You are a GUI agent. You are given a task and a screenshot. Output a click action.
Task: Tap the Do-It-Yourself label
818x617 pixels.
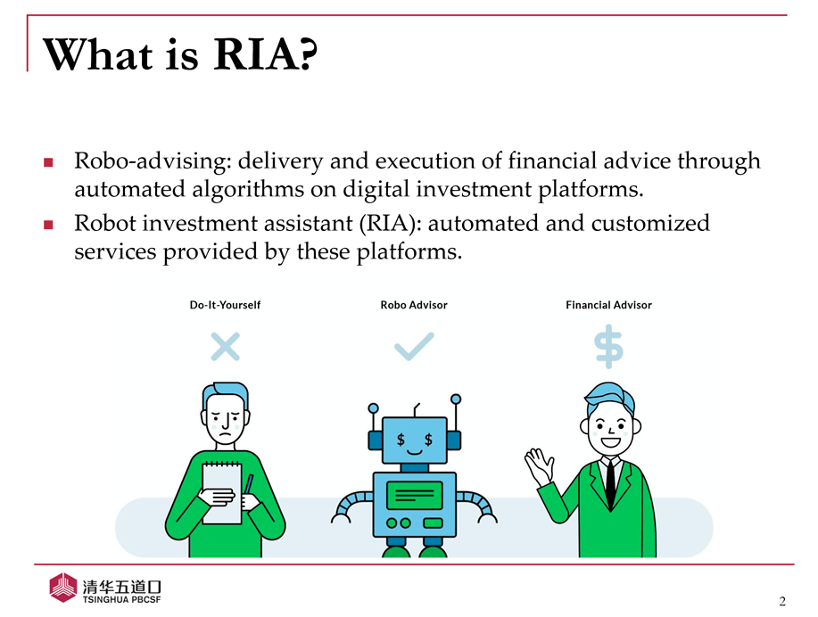(x=225, y=305)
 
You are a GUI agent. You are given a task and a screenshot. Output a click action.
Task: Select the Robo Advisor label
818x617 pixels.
(x=414, y=305)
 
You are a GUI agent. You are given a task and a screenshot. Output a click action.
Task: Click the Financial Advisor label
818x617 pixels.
(x=608, y=305)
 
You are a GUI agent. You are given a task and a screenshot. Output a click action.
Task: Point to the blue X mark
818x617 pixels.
(x=226, y=347)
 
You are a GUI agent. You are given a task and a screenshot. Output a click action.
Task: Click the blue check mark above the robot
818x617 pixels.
(x=414, y=347)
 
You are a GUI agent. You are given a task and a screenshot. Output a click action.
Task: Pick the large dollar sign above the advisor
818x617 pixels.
(x=608, y=346)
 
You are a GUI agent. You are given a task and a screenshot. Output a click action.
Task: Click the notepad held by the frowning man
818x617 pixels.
(x=222, y=493)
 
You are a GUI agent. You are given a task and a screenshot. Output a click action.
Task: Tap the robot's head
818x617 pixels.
(x=415, y=440)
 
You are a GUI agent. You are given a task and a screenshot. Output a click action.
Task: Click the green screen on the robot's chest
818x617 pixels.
(x=415, y=495)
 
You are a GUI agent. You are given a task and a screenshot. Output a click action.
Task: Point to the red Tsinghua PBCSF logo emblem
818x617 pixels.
(x=63, y=588)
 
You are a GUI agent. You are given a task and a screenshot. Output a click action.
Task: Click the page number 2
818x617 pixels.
(x=782, y=601)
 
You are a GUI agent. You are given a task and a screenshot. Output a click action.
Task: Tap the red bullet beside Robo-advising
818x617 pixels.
(x=48, y=163)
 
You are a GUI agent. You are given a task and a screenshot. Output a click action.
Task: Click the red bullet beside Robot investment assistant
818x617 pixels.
(x=48, y=225)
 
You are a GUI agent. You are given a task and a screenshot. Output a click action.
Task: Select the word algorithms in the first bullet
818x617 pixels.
(x=248, y=190)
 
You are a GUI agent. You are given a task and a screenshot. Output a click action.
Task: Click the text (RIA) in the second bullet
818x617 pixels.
(x=389, y=224)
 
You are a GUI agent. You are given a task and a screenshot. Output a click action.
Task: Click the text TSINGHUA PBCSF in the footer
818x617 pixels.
(x=121, y=600)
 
